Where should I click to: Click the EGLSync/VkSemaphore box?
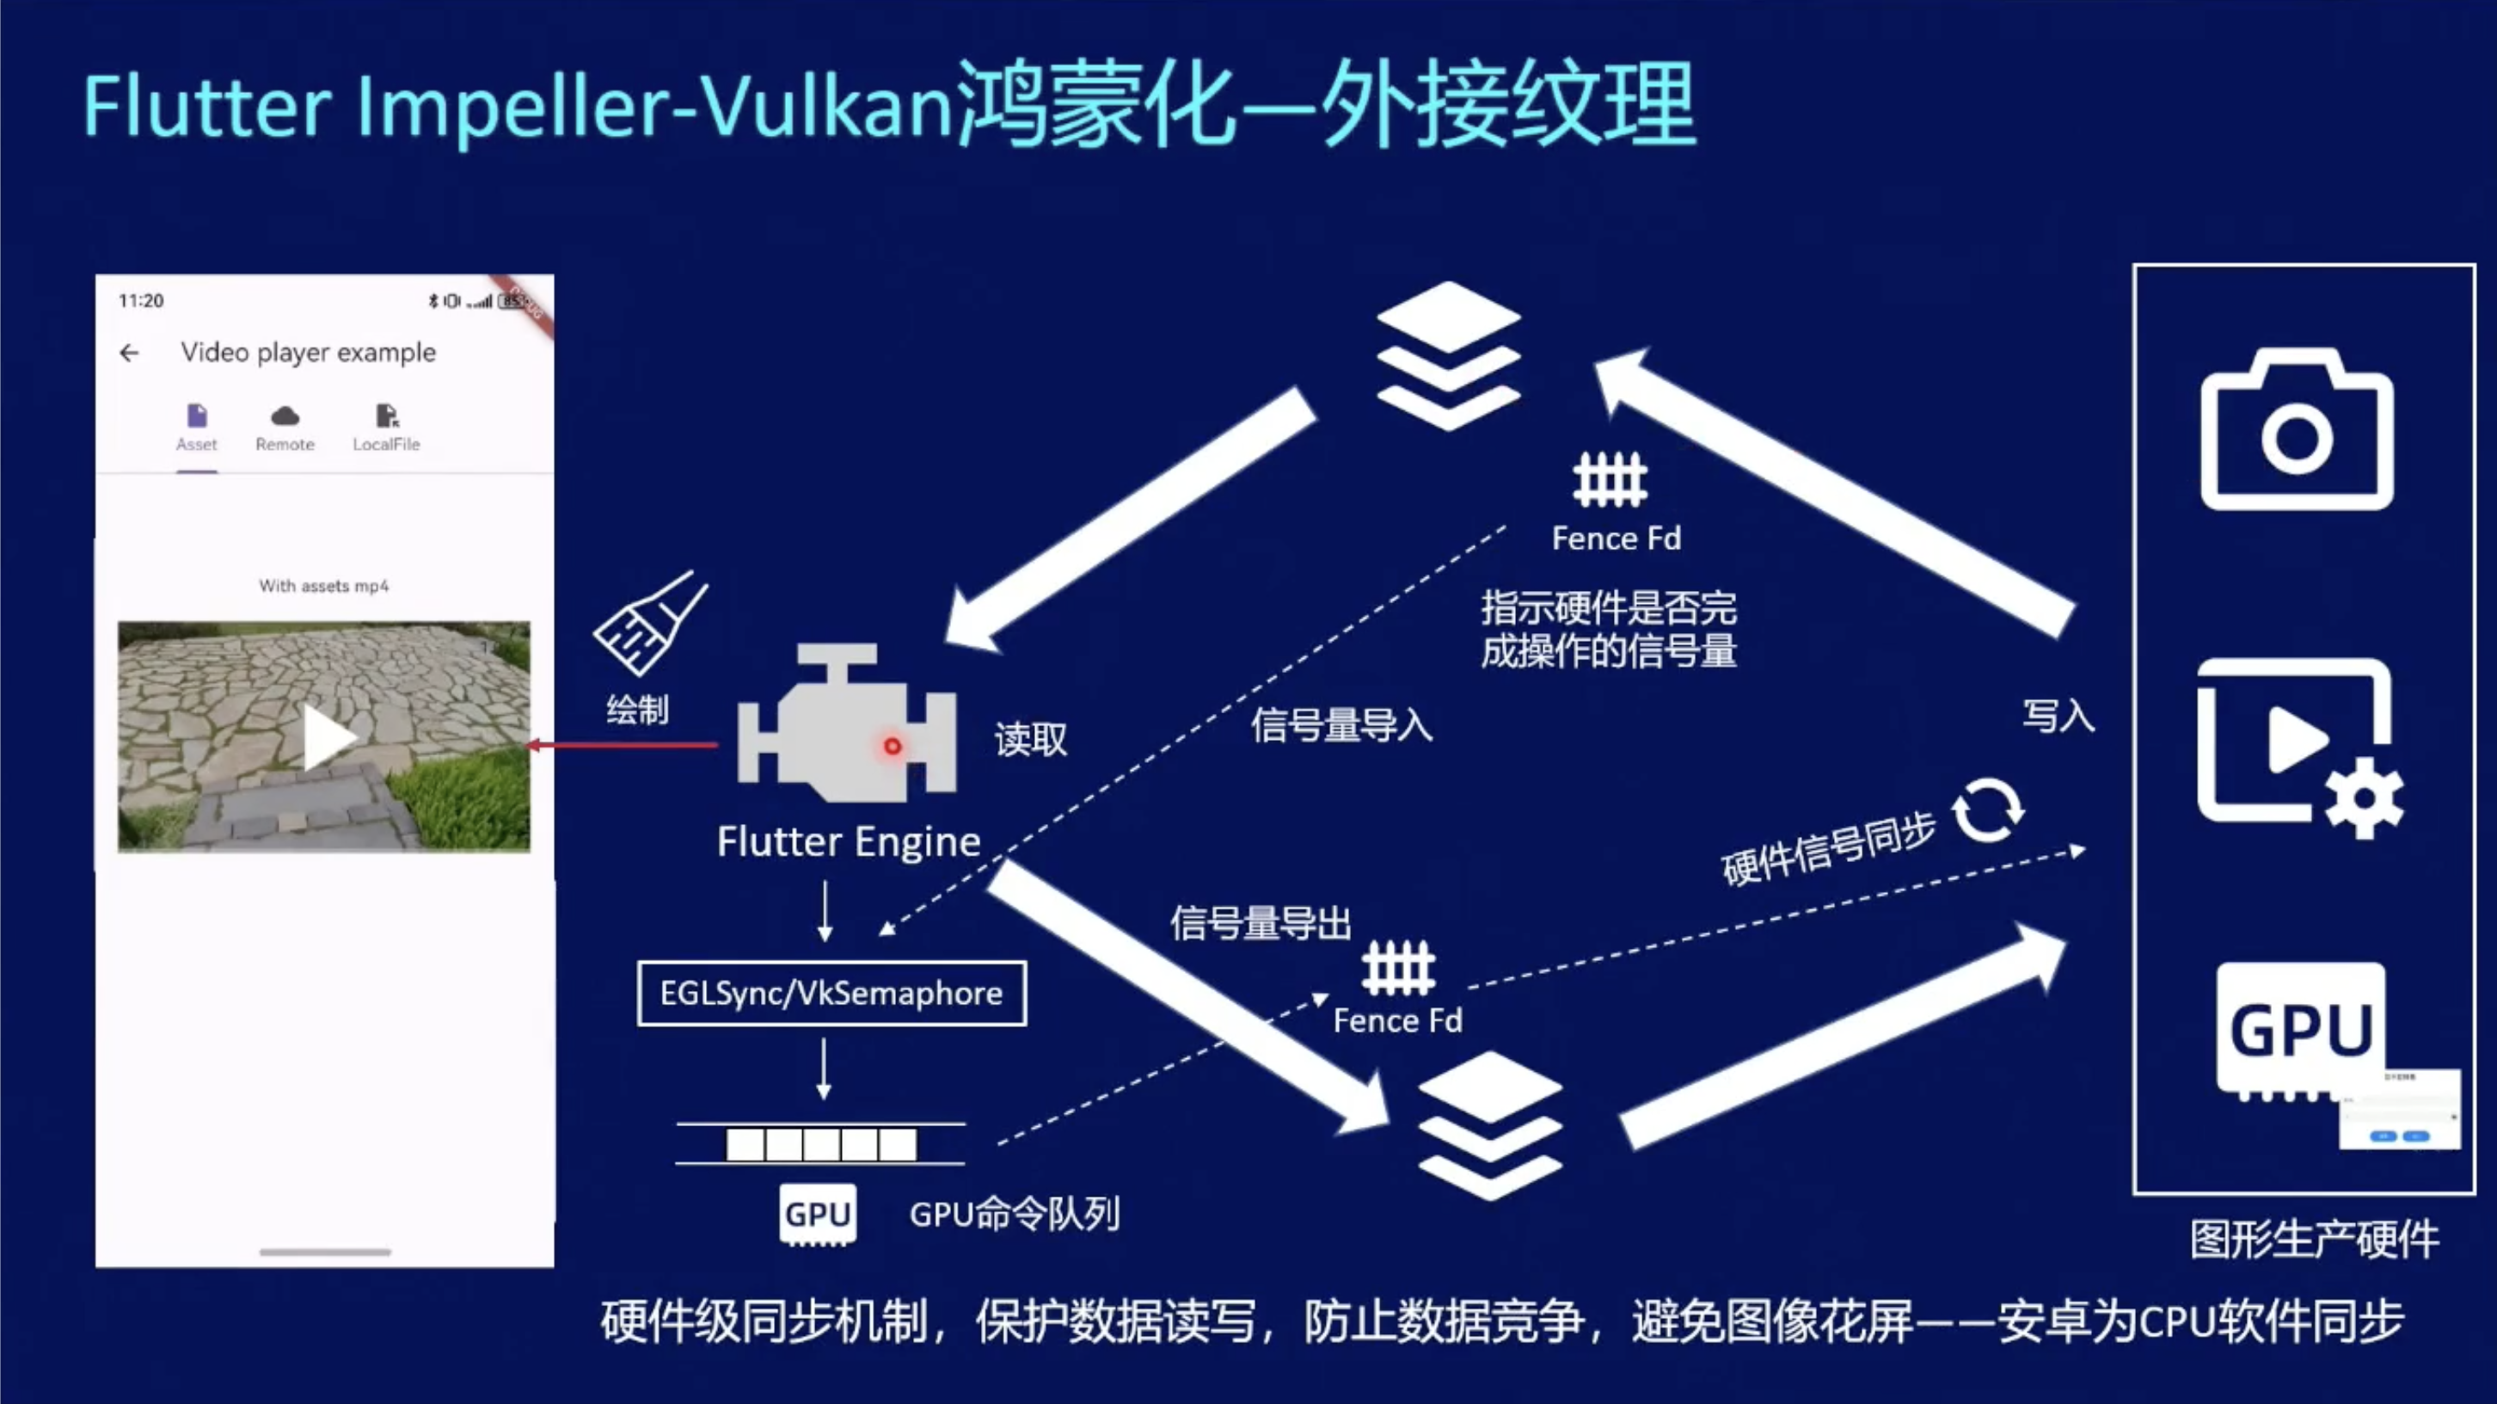pyautogui.click(x=831, y=993)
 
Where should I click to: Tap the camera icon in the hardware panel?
pyautogui.click(x=2297, y=432)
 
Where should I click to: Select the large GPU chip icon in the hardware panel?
pyautogui.click(x=2300, y=1030)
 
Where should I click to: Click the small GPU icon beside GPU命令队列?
pyautogui.click(x=817, y=1214)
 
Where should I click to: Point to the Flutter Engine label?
pyautogui.click(x=848, y=841)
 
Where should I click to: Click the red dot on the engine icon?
pyautogui.click(x=892, y=746)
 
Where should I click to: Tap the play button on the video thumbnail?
pyautogui.click(x=328, y=737)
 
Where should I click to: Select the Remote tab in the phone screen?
pyautogui.click(x=285, y=428)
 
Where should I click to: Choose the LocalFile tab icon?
pyautogui.click(x=387, y=417)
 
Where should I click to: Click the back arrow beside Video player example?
pyautogui.click(x=129, y=353)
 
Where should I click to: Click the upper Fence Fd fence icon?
pyautogui.click(x=1609, y=480)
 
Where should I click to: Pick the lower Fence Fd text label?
pyautogui.click(x=1396, y=1021)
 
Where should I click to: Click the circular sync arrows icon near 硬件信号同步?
pyautogui.click(x=1987, y=810)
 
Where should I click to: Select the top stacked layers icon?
pyautogui.click(x=1448, y=356)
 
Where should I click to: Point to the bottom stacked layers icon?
pyautogui.click(x=1489, y=1124)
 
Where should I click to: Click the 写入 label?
pyautogui.click(x=2058, y=717)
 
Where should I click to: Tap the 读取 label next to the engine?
pyautogui.click(x=1030, y=740)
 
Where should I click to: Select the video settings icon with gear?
pyautogui.click(x=2299, y=747)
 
